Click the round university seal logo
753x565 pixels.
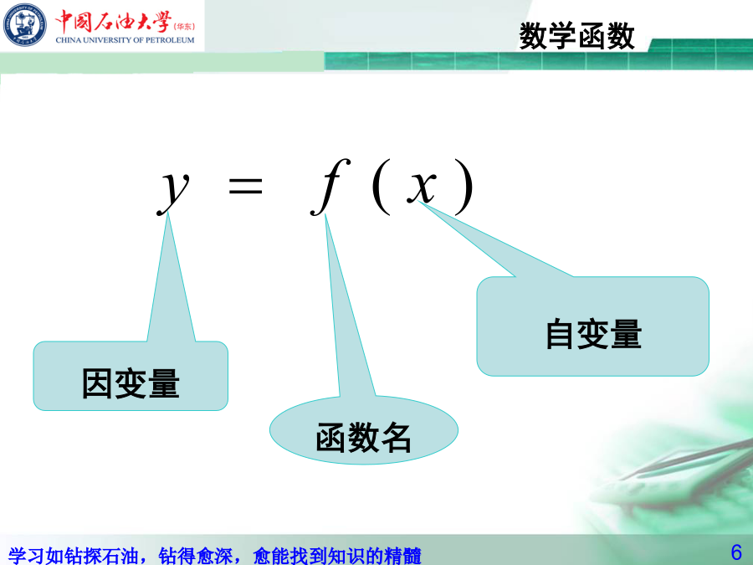(25, 24)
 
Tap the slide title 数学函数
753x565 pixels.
(576, 36)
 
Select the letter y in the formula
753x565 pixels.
(173, 190)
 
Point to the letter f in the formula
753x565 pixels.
(330, 187)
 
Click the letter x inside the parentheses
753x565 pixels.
(422, 187)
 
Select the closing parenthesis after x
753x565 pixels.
(464, 187)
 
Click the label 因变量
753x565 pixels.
(131, 383)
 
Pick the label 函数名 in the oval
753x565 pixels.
(364, 437)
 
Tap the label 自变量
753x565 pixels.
(593, 334)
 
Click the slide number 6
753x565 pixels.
(736, 552)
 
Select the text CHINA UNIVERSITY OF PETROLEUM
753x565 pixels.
(125, 40)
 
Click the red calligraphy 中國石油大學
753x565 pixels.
(113, 21)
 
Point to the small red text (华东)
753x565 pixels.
(184, 27)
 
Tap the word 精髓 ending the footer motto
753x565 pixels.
(403, 556)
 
